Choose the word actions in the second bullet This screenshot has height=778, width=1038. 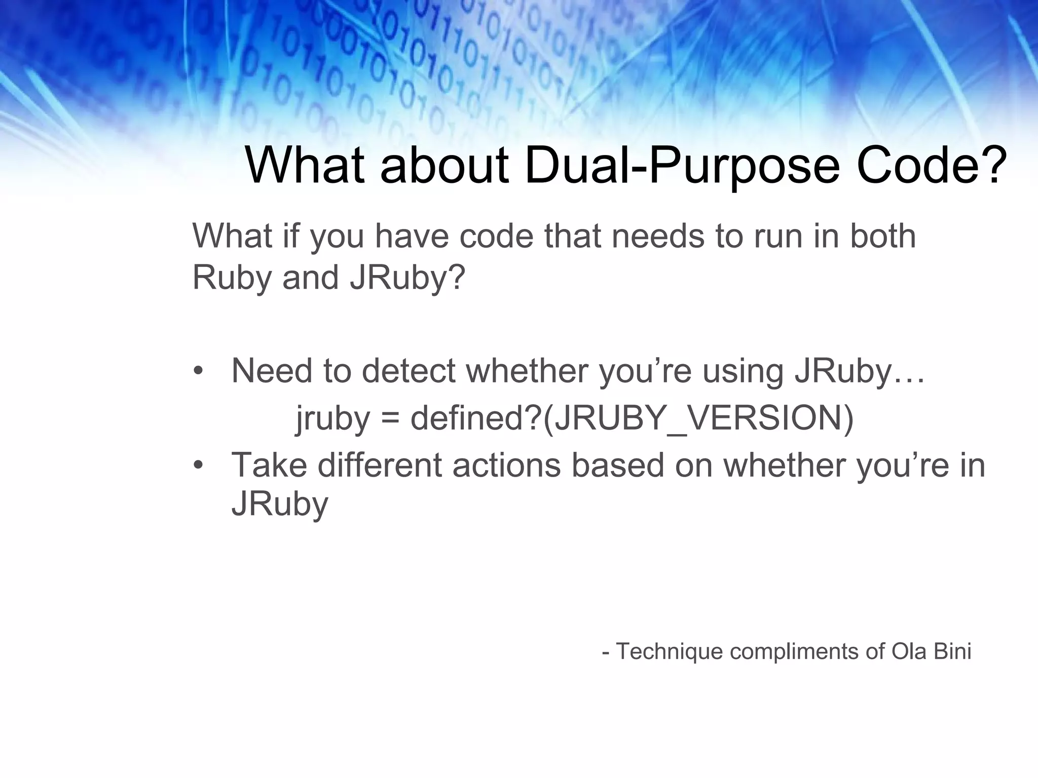(x=506, y=465)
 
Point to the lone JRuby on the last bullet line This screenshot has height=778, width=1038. (x=280, y=504)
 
